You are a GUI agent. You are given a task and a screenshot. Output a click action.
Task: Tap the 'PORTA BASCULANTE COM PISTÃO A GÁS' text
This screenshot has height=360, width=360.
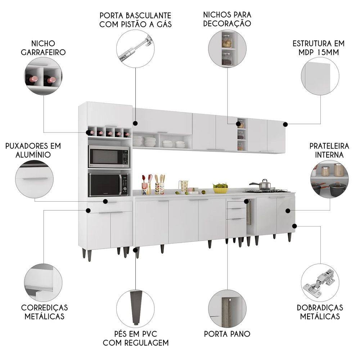coord(135,20)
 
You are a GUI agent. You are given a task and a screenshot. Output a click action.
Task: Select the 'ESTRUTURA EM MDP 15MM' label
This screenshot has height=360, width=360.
coord(318,48)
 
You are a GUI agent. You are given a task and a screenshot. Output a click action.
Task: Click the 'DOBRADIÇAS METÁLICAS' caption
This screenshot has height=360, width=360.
coord(320,312)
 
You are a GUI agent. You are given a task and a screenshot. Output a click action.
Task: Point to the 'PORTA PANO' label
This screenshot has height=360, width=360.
coord(227,334)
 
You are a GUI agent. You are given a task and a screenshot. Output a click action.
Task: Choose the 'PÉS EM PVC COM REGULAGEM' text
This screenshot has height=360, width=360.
coord(136,338)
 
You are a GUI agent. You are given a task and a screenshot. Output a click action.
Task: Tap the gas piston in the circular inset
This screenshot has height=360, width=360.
coord(135,49)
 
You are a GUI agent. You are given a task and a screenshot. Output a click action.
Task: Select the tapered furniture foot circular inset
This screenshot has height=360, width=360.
coord(135,304)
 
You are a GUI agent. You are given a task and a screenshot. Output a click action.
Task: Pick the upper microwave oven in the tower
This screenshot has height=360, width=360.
coord(108,156)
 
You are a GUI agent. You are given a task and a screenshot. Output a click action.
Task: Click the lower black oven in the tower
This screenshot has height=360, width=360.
coord(108,184)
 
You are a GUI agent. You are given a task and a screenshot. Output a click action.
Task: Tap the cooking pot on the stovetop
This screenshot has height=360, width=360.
coord(265,185)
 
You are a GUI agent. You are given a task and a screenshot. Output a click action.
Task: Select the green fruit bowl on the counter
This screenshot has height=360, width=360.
coord(220,188)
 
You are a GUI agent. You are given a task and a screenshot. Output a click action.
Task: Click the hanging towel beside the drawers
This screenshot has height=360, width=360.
coord(249,215)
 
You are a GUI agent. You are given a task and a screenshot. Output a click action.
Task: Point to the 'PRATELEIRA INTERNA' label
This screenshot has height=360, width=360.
coord(329,150)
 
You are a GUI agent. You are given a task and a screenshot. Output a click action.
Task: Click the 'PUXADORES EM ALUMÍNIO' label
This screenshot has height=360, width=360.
coord(33,150)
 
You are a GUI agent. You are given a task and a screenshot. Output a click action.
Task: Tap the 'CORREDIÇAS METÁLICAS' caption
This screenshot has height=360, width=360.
coord(44,312)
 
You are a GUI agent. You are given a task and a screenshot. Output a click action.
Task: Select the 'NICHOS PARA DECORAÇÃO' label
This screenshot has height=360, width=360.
coord(227,19)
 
